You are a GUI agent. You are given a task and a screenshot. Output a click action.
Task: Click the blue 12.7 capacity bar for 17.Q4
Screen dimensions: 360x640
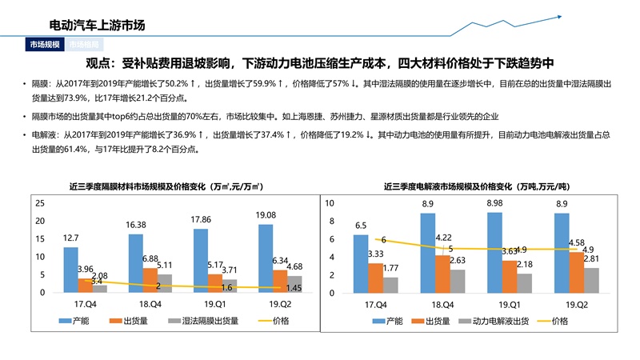[x=71, y=270]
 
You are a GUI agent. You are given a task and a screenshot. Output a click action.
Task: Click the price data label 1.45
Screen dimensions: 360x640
[x=294, y=288]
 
